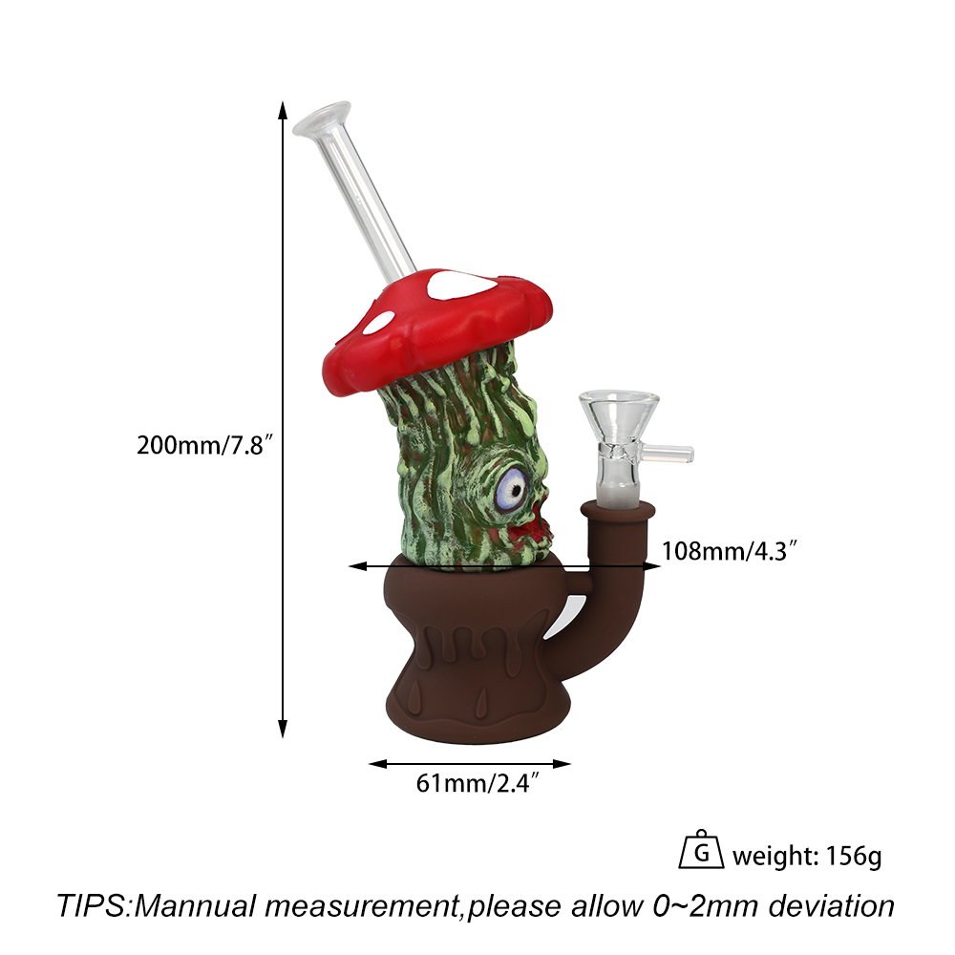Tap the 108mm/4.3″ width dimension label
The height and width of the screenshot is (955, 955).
(729, 551)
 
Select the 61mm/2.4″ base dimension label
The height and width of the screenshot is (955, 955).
(477, 783)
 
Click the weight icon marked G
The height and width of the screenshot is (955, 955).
(701, 849)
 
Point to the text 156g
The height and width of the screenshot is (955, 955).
(853, 857)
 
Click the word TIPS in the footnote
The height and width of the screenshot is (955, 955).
(91, 905)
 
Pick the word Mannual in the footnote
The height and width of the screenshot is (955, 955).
(194, 905)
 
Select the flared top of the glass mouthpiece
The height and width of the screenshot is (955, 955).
(322, 118)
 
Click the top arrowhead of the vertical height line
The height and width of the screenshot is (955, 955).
(282, 110)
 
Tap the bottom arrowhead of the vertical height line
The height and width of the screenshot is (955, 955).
(282, 729)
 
